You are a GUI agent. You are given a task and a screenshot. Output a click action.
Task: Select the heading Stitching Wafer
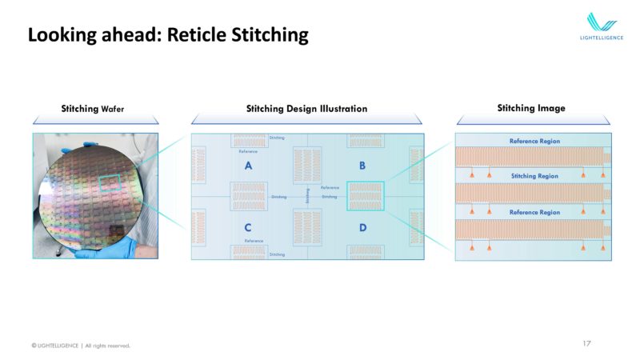coord(93,108)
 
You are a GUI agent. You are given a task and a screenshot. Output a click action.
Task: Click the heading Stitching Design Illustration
coord(306,108)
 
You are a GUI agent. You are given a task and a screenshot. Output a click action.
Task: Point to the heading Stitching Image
coord(530,108)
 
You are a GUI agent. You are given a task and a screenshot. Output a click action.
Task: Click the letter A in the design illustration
coord(248,166)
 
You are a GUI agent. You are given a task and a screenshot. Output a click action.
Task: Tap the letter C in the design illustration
coord(248,228)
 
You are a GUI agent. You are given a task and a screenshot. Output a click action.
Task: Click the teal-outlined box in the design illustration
coord(366,196)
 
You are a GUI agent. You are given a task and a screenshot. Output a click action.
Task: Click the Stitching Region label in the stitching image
coord(534,175)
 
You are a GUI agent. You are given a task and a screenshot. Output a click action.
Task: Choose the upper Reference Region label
coord(534,141)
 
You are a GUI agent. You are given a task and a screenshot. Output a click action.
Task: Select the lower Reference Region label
coord(534,212)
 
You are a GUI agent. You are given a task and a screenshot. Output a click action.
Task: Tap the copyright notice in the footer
coord(80,346)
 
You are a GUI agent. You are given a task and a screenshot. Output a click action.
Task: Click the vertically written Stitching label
coord(308,196)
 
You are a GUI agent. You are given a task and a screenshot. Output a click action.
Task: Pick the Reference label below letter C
coord(254,241)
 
